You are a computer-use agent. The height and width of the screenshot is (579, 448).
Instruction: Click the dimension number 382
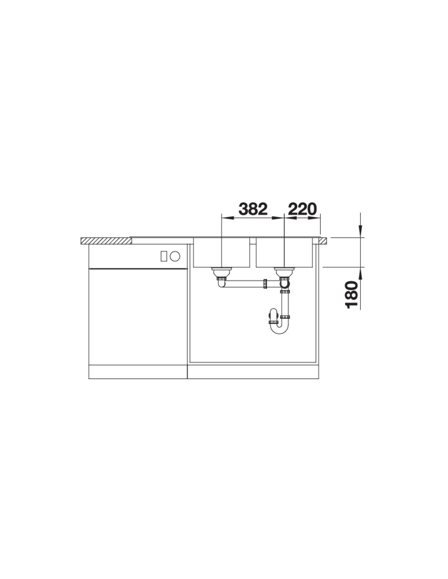[253, 209]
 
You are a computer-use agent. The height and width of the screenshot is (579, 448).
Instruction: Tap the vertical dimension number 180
[351, 295]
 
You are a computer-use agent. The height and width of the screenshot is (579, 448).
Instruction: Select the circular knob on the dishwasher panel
[175, 256]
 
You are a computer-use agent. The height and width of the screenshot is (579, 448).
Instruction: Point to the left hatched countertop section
[106, 241]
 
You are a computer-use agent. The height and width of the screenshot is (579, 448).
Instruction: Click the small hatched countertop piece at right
[322, 241]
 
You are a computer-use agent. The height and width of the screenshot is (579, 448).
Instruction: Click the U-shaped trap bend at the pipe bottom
[279, 330]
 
